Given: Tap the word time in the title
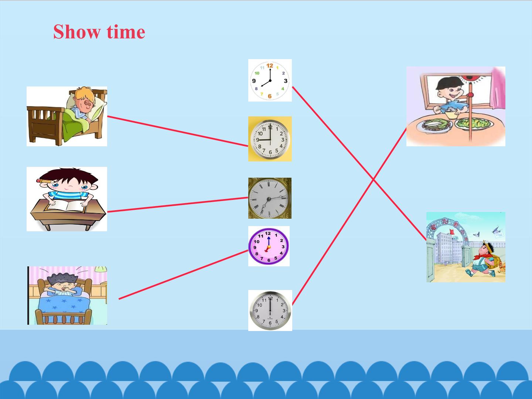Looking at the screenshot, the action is tap(126, 32).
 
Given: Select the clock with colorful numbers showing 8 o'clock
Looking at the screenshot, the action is tap(270, 81).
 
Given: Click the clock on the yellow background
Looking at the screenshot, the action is tap(270, 139).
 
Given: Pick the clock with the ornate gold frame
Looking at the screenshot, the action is tap(270, 198).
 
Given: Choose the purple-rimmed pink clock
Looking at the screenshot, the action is tap(269, 246).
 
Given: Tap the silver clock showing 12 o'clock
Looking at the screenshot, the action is tap(270, 310).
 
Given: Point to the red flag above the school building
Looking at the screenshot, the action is tap(451, 232).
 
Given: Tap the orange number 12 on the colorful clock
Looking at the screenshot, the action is tap(270, 65).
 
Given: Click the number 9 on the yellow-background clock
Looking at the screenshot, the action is tap(258, 140).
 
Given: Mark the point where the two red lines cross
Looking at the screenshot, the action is tap(373, 180).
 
